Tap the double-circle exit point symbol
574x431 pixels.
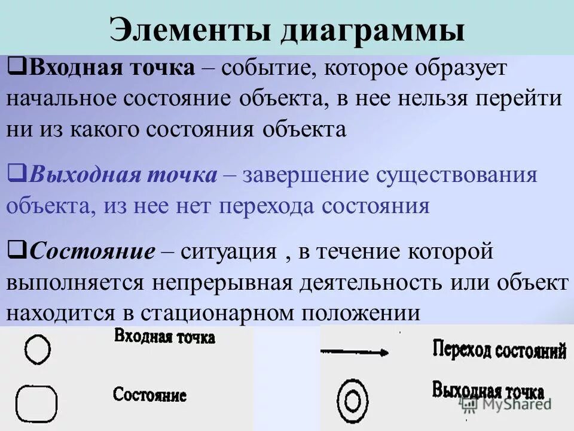pos(352,399)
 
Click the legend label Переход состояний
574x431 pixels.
pos(499,350)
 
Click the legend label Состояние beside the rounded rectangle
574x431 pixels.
pos(149,394)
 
